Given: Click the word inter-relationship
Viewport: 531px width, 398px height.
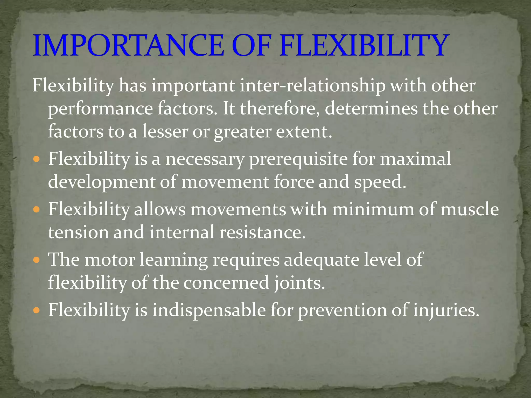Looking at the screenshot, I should click(x=312, y=86).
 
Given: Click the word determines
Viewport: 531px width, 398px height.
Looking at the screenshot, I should click(x=371, y=109).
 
